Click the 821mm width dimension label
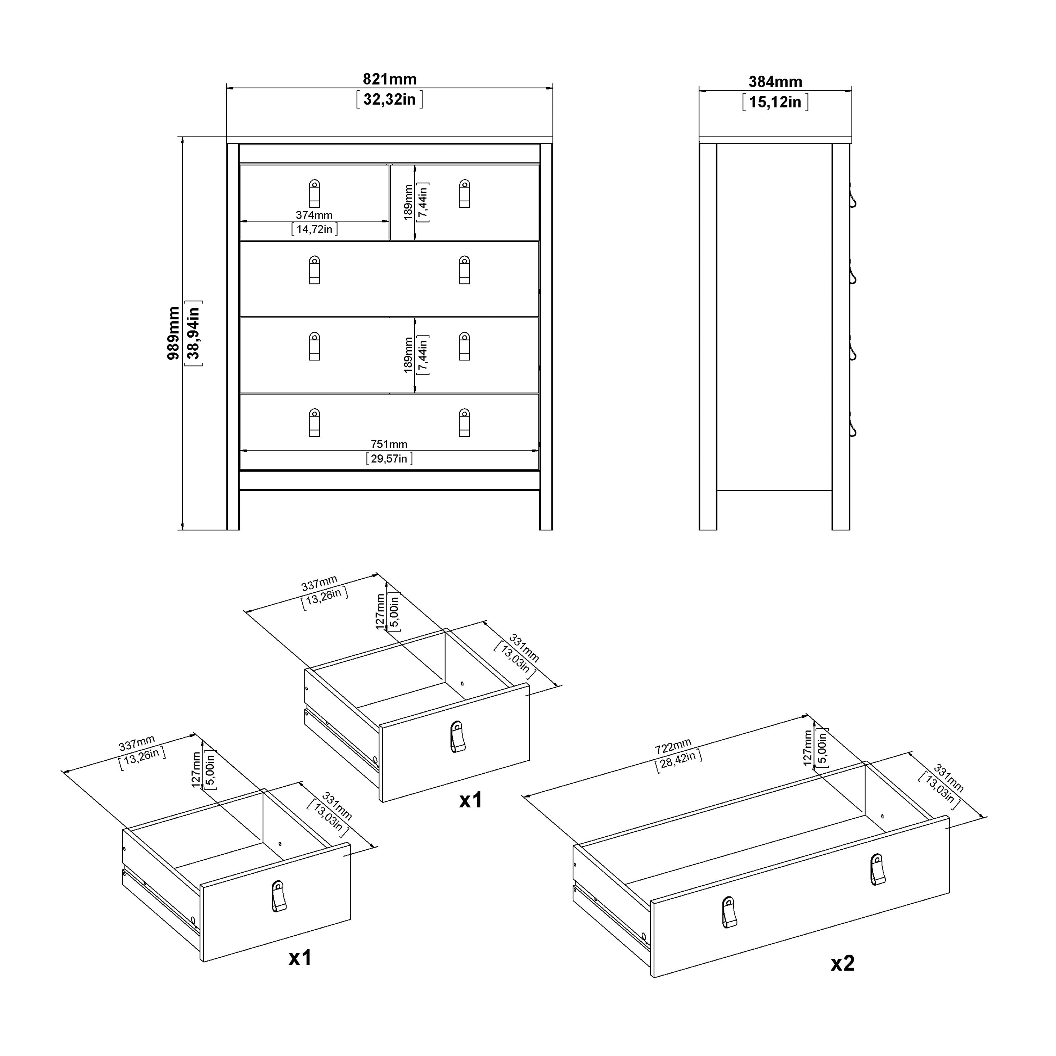[x=390, y=79]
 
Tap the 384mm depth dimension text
[x=775, y=82]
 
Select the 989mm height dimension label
[x=173, y=333]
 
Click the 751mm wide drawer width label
[x=389, y=444]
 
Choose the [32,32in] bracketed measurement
[x=390, y=100]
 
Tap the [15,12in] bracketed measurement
[x=775, y=102]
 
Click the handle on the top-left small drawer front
[x=314, y=194]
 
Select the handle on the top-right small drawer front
[x=464, y=194]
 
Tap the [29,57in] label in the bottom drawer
[x=389, y=459]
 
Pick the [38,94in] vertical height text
[x=194, y=333]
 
